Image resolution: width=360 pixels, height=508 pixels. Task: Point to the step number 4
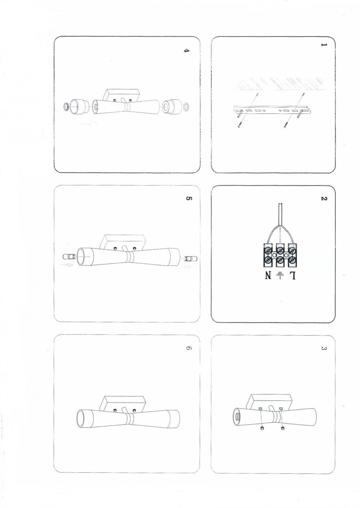point(186,51)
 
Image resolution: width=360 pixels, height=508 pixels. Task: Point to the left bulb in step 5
point(67,257)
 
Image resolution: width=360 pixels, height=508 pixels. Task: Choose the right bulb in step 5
point(189,258)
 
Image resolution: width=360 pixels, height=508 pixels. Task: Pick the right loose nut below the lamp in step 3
point(283,428)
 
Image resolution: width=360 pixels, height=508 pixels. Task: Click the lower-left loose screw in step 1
point(239,124)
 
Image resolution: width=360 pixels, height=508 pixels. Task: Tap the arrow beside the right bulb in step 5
point(191,267)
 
